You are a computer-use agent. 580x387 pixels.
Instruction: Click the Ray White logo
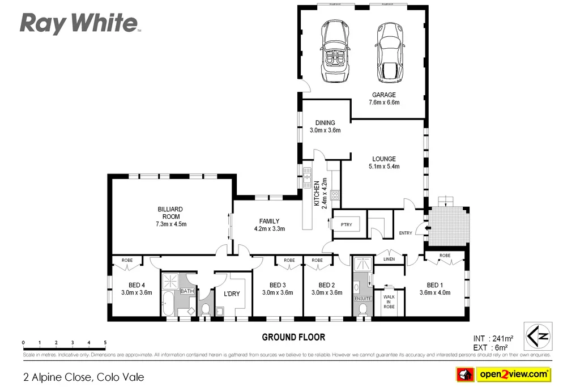pyautogui.click(x=80, y=24)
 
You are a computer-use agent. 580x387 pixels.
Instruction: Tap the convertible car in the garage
pyautogui.click(x=336, y=51)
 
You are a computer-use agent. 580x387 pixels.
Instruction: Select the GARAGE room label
pyautogui.click(x=383, y=95)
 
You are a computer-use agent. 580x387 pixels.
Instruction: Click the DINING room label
pyautogui.click(x=325, y=122)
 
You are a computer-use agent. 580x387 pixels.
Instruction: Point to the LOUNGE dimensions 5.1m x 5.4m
pyautogui.click(x=383, y=167)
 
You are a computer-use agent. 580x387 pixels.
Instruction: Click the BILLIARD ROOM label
pyautogui.click(x=170, y=212)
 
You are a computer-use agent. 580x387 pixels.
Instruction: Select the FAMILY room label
pyautogui.click(x=269, y=221)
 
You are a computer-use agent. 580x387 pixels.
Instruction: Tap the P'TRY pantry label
pyautogui.click(x=346, y=224)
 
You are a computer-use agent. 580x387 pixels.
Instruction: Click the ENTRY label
pyautogui.click(x=406, y=233)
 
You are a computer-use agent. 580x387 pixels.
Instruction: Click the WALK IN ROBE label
pyautogui.click(x=389, y=301)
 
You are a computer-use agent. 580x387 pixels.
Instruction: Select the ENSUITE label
pyautogui.click(x=362, y=297)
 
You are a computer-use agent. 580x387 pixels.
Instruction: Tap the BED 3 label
pyautogui.click(x=277, y=285)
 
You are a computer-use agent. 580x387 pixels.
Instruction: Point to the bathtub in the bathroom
pyautogui.click(x=168, y=305)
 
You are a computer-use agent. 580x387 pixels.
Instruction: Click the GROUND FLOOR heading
pyautogui.click(x=293, y=337)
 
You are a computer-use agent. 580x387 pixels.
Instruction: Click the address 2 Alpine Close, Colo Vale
pyautogui.click(x=83, y=377)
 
